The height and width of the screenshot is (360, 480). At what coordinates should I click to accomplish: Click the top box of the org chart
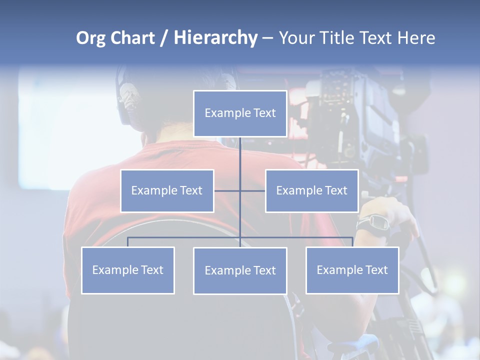[240, 113]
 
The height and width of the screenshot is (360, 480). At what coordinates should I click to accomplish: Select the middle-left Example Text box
[167, 190]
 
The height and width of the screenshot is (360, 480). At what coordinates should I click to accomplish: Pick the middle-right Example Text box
[311, 190]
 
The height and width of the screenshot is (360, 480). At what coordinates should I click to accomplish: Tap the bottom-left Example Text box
[128, 270]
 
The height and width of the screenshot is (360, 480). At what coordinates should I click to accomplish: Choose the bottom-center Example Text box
[240, 270]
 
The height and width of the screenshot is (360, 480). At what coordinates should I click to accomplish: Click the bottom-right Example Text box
[352, 270]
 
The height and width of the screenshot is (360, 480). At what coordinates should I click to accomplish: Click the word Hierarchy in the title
[215, 38]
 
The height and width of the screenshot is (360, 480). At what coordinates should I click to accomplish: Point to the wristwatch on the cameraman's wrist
[374, 223]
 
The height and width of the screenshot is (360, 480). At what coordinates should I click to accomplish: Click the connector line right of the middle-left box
[227, 190]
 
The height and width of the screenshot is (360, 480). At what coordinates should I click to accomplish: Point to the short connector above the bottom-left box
[128, 242]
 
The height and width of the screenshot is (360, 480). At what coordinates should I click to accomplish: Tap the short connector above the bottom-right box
[352, 242]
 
